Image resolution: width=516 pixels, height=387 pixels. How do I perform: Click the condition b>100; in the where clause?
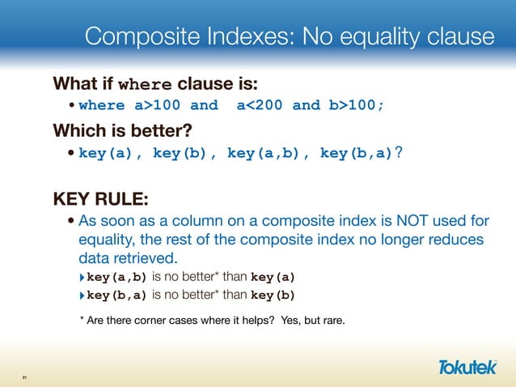(x=356, y=105)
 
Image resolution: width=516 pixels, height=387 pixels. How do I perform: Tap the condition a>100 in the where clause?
(x=153, y=105)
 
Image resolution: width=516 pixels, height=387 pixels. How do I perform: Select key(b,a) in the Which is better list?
(x=356, y=153)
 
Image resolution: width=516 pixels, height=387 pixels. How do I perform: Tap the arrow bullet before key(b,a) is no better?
(x=81, y=295)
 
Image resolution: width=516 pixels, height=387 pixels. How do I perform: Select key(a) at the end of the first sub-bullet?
(x=274, y=278)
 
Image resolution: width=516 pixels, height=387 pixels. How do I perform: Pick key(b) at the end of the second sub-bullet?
(x=274, y=295)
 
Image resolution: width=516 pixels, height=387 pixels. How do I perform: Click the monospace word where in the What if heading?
(x=145, y=84)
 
